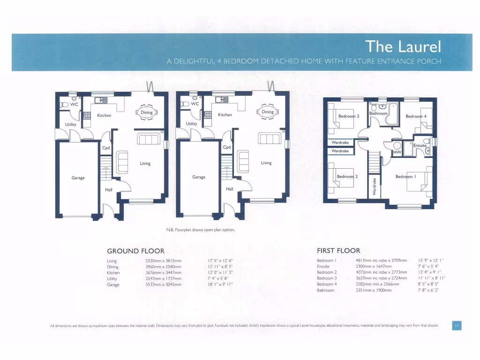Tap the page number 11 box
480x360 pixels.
click(x=457, y=326)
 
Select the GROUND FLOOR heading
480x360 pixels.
click(x=136, y=251)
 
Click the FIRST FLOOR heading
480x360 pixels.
click(x=338, y=251)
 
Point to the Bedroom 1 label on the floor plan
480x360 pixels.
click(x=405, y=177)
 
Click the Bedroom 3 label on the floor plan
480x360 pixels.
click(x=349, y=116)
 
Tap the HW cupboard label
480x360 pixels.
click(x=397, y=152)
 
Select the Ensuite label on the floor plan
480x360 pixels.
click(x=420, y=146)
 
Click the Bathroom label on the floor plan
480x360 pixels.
click(x=378, y=113)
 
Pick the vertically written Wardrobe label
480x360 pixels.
click(x=375, y=187)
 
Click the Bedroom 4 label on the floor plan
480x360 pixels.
click(x=416, y=116)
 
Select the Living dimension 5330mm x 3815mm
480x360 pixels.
click(x=163, y=261)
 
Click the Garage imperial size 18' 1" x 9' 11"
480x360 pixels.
click(x=220, y=284)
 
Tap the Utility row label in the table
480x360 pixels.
click(x=112, y=278)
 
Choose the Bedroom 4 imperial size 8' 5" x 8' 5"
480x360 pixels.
click(x=428, y=284)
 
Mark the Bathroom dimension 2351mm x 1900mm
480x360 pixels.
click(x=374, y=290)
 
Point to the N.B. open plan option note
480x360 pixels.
click(x=200, y=230)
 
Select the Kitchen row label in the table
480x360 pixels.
click(x=113, y=272)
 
